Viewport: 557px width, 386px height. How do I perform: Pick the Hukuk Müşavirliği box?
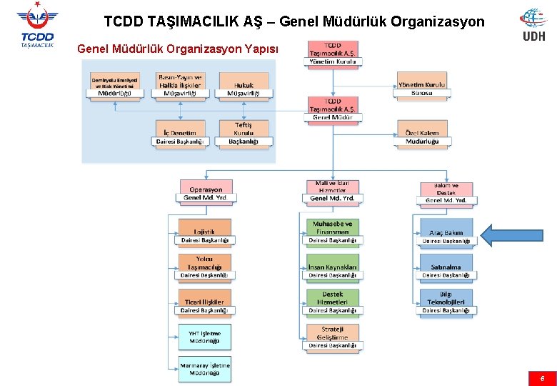coord(244,85)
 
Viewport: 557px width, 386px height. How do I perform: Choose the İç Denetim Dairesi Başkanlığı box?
coord(180,133)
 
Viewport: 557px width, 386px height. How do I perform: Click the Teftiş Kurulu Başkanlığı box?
coord(244,133)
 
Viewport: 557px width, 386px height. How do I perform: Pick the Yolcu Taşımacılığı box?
coord(204,267)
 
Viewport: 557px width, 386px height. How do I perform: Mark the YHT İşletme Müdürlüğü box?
coord(205,337)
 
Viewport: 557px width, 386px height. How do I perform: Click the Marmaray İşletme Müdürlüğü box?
coord(205,369)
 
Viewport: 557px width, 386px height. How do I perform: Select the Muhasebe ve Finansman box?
coord(333,232)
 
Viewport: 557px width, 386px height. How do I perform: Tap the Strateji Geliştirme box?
coord(333,337)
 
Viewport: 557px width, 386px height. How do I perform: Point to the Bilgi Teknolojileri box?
coord(446,302)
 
